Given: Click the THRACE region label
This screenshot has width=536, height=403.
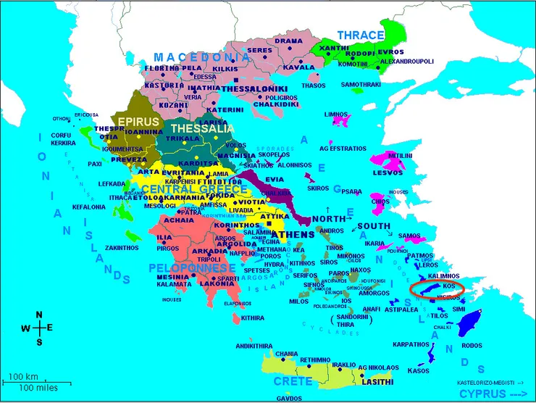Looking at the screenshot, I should tap(361, 35).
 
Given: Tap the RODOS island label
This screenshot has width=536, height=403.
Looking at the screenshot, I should tap(471, 345).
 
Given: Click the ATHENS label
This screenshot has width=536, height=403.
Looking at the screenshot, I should tap(295, 234).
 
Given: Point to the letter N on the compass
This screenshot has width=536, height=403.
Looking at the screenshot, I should tap(40, 315).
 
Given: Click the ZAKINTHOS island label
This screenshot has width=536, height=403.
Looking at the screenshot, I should tap(101, 247).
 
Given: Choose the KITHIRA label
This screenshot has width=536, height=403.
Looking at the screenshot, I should tap(253, 317).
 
